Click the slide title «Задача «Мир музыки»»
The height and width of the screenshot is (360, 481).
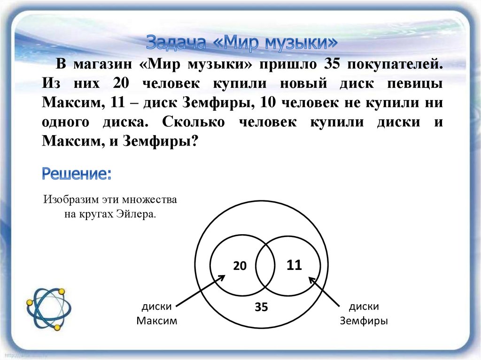[242, 42]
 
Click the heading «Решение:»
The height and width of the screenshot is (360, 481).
[77, 174]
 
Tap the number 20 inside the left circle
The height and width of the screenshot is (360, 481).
[240, 266]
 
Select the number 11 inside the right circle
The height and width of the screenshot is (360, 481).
[294, 265]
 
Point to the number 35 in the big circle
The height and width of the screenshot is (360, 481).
[261, 306]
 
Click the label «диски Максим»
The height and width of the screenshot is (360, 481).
[157, 314]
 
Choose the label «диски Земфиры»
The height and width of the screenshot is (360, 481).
[364, 314]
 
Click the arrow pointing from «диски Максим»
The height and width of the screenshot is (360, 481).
[201, 291]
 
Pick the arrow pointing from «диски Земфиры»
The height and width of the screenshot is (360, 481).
[324, 291]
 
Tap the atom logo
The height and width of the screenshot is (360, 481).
[49, 309]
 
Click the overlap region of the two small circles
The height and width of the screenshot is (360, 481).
[265, 266]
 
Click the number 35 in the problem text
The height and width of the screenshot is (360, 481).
[332, 64]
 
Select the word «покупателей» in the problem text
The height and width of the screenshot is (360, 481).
[395, 64]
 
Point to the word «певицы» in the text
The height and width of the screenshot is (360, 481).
[415, 84]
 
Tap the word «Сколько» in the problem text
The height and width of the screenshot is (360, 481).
[193, 122]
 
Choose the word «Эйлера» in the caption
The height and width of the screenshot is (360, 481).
[136, 214]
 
